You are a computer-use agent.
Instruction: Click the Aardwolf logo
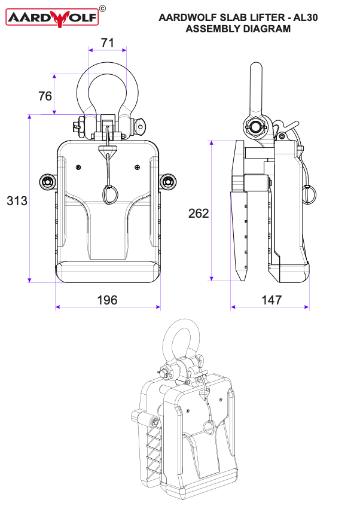click(x=52, y=18)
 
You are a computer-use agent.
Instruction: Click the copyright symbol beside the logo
click(x=102, y=8)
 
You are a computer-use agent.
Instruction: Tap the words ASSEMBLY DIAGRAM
click(x=238, y=29)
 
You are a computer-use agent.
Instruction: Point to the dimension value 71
click(x=108, y=42)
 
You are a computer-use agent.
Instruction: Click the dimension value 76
click(x=45, y=96)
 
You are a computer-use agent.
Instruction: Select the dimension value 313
click(x=17, y=201)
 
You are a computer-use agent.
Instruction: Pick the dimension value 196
click(x=108, y=300)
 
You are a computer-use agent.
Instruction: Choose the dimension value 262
click(x=199, y=213)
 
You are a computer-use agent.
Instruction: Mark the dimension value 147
click(x=271, y=300)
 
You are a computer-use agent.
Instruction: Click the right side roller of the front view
click(x=168, y=181)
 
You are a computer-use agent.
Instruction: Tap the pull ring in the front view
click(x=109, y=194)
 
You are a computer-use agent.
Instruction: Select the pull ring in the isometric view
click(x=208, y=428)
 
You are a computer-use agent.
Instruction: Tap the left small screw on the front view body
click(x=78, y=167)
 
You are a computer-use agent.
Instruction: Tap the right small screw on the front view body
click(x=138, y=167)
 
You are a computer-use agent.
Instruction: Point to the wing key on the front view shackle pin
click(x=141, y=126)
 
